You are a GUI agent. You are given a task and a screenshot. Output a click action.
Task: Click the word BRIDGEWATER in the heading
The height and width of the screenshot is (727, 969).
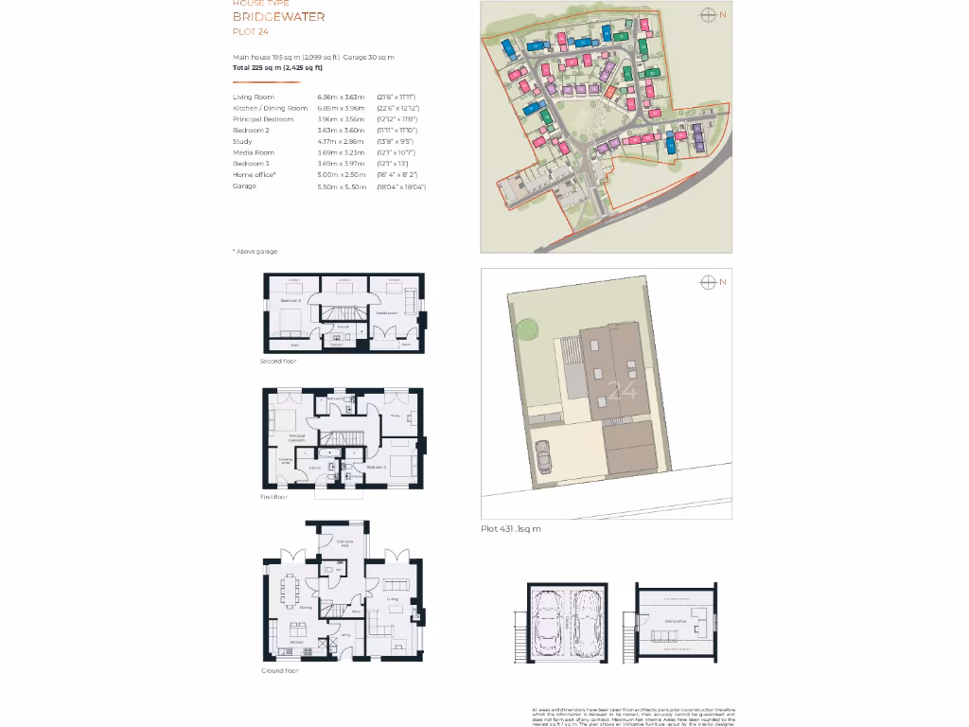[x=278, y=17]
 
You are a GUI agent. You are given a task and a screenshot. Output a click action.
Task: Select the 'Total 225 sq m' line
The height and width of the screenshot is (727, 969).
[x=278, y=67]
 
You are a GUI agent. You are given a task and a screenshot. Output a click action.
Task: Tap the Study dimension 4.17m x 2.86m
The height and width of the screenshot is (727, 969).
[x=339, y=141]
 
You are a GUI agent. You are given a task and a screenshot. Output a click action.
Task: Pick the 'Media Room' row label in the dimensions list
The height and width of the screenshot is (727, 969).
[x=254, y=152]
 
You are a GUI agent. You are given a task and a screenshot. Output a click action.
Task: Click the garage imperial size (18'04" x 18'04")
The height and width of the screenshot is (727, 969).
[x=401, y=186]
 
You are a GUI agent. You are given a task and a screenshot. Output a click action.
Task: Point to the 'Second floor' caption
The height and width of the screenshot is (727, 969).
[x=278, y=362]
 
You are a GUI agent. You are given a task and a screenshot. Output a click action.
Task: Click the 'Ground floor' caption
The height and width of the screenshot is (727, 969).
[x=279, y=670]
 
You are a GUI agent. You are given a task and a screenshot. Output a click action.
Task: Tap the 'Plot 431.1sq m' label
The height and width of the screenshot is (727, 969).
[x=511, y=529]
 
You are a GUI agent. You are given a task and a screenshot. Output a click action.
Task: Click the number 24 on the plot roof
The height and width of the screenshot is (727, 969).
[x=622, y=390]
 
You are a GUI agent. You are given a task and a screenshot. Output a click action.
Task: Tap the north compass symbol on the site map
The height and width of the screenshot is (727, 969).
[x=707, y=14]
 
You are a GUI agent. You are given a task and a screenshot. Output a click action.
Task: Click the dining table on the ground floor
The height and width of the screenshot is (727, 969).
[x=293, y=593]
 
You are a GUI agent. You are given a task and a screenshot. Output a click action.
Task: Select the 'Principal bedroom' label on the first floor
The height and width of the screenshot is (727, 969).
[x=296, y=437]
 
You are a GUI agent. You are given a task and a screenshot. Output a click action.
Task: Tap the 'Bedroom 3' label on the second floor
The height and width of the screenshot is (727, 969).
[x=290, y=301]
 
